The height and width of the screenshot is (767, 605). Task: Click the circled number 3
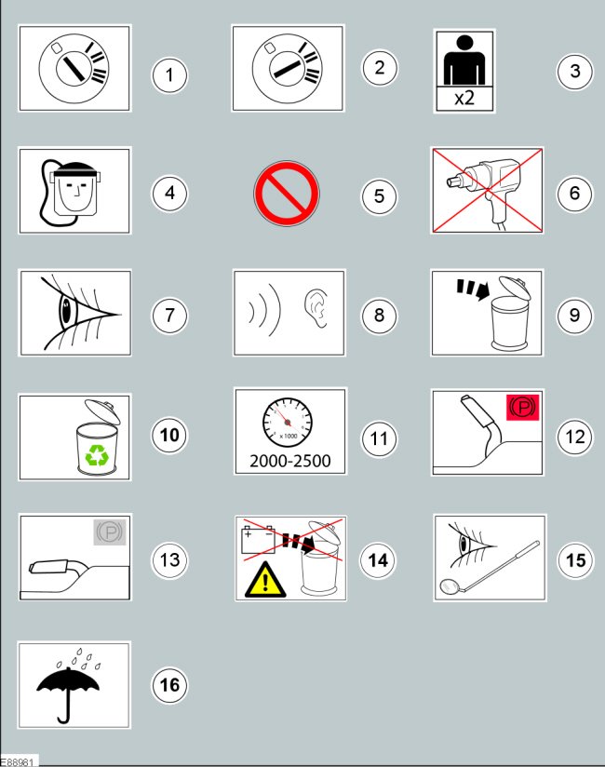[574, 72]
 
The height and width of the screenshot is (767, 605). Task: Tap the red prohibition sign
[287, 194]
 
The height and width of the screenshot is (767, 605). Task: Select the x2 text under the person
[464, 99]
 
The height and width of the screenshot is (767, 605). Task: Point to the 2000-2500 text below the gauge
[290, 461]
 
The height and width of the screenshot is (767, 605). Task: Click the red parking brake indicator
[522, 407]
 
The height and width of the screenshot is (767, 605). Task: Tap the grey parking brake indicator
[110, 532]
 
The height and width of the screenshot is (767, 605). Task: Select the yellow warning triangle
[265, 580]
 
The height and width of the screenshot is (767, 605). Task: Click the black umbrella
[68, 693]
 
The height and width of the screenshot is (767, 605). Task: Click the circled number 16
[169, 685]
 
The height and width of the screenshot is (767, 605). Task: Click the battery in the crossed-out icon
[258, 540]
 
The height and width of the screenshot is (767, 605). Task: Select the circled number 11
[379, 438]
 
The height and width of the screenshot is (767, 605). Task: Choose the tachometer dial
[287, 422]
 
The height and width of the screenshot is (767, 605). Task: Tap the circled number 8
[379, 316]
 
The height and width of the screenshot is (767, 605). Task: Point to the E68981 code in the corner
[18, 761]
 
